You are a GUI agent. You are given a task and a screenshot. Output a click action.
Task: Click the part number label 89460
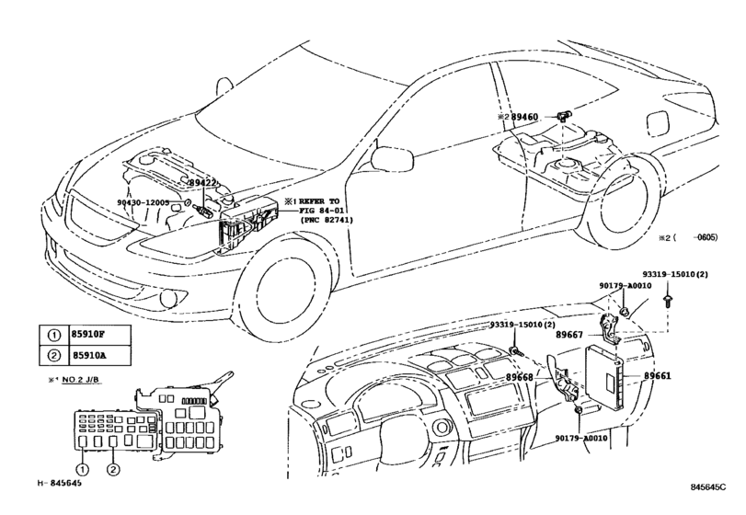(x=531, y=118)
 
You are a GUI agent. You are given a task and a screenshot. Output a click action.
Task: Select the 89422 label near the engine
(x=202, y=184)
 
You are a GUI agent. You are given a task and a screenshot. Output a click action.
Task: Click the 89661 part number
(x=658, y=376)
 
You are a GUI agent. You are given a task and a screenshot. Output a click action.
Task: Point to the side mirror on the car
(x=380, y=157)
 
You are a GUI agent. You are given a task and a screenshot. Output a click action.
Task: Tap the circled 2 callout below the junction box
(x=113, y=470)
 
